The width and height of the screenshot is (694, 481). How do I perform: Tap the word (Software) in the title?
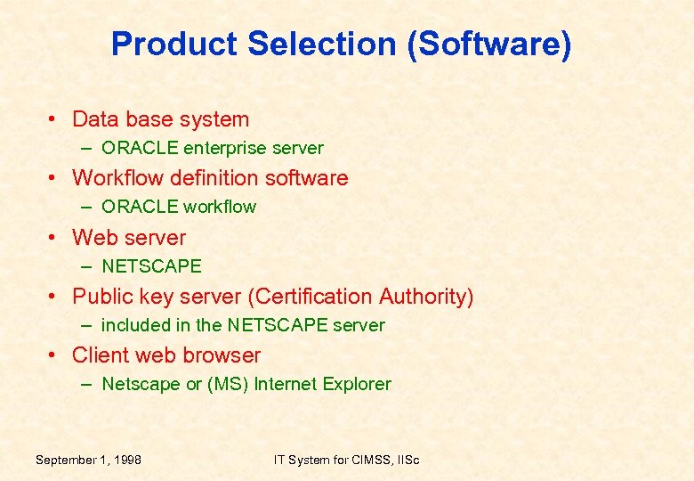(488, 44)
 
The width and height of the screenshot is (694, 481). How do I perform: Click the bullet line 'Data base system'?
(160, 119)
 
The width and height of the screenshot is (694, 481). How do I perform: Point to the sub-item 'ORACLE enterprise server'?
(212, 148)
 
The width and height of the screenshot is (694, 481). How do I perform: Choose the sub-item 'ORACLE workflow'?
(178, 207)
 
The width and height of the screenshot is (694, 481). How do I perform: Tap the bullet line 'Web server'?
(129, 238)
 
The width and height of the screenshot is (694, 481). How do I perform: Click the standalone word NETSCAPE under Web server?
(151, 266)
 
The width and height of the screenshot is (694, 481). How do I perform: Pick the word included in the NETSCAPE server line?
(133, 325)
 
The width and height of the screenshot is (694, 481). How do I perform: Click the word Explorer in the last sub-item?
(357, 385)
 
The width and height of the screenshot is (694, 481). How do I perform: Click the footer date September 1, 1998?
(88, 460)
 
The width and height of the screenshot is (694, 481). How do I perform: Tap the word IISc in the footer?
(404, 460)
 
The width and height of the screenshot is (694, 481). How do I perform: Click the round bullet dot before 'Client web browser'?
(54, 355)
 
